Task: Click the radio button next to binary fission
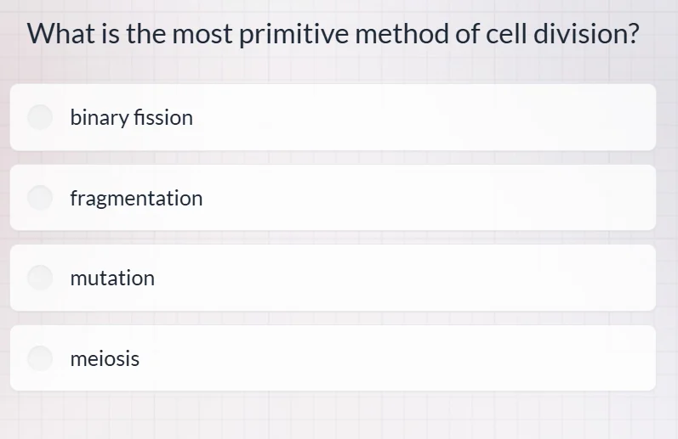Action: pyautogui.click(x=41, y=117)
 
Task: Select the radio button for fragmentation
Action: pyautogui.click(x=41, y=198)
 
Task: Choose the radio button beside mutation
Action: pyautogui.click(x=41, y=278)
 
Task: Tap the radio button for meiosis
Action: pyautogui.click(x=41, y=358)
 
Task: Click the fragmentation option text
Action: pyautogui.click(x=136, y=199)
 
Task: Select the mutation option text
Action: pyautogui.click(x=112, y=278)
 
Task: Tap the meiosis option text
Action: pyautogui.click(x=105, y=358)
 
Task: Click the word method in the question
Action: pyautogui.click(x=396, y=35)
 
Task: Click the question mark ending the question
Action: pyautogui.click(x=631, y=35)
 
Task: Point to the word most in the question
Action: pyautogui.click(x=203, y=35)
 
